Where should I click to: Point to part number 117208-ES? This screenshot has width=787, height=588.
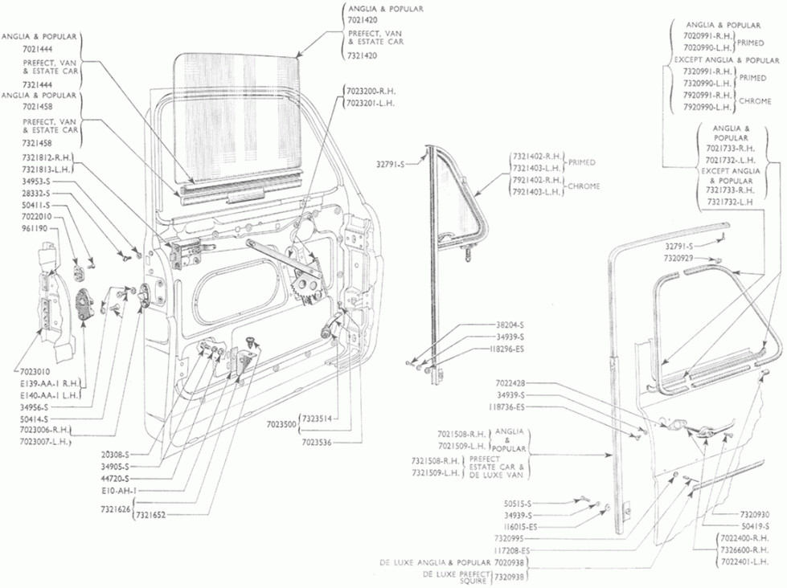(511, 549)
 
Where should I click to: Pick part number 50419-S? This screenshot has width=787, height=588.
(752, 525)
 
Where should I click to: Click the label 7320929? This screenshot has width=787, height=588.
(680, 258)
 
